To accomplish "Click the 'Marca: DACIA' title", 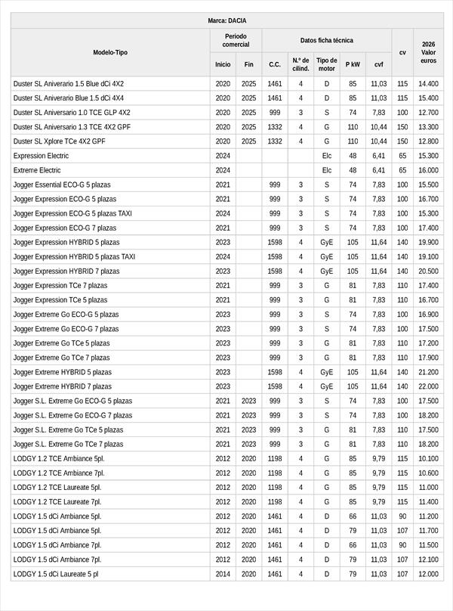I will tap(226, 20).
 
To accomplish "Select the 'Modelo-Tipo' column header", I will tap(110, 52).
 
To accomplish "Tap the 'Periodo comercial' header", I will tap(236, 40).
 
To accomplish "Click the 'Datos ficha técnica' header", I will tap(326, 40).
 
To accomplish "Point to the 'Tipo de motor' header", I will tap(327, 64).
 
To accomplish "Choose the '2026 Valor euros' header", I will tap(428, 52).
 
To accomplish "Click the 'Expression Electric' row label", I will tap(41, 156).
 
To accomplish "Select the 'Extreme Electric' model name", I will tap(37, 170).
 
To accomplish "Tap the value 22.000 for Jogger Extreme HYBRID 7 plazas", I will tap(428, 386).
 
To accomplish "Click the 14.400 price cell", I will tap(428, 84).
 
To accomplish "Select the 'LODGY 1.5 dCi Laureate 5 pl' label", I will tap(56, 574).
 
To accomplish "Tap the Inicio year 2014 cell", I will tap(223, 574).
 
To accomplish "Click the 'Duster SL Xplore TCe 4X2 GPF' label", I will tap(60, 141).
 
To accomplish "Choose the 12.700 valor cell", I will tap(428, 113).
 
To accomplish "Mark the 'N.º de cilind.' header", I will tap(300, 64).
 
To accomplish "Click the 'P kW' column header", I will tap(353, 64).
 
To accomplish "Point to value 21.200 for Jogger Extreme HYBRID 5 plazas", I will tap(428, 372).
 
